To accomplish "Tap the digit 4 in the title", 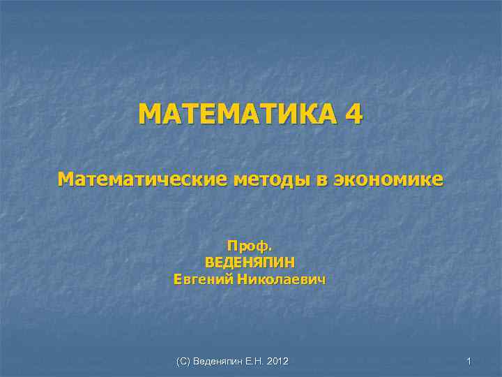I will (352, 114).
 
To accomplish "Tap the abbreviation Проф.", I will (250, 246).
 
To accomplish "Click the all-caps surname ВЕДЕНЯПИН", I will (250, 263).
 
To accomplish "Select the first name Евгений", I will (203, 280).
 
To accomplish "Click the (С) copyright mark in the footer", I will (183, 361).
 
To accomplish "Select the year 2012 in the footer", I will (278, 361).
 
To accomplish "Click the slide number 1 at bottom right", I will (469, 361).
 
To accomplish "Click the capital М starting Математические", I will (65, 179).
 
